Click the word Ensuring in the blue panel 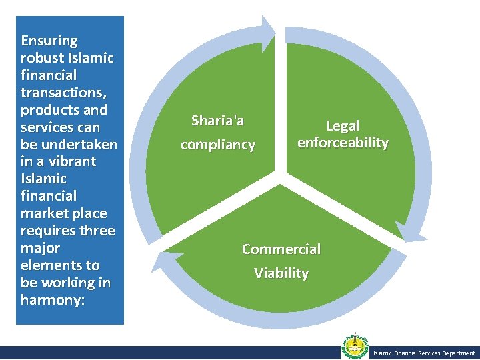pyautogui.click(x=49, y=41)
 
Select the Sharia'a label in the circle pyautogui.click(x=218, y=120)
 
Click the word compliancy pyautogui.click(x=218, y=145)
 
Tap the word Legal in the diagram pyautogui.click(x=343, y=125)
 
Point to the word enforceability pyautogui.click(x=343, y=143)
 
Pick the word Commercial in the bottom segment pyautogui.click(x=281, y=249)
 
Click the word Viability pyautogui.click(x=281, y=273)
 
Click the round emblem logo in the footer pyautogui.click(x=355, y=347)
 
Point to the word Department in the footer pyautogui.click(x=459, y=353)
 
